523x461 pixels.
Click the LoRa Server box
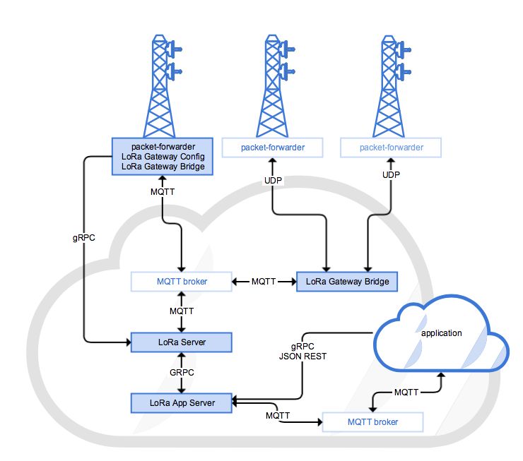coord(182,342)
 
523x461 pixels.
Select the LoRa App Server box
coord(182,402)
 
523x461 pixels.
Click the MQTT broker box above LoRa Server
coord(182,282)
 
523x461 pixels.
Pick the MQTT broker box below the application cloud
coord(372,422)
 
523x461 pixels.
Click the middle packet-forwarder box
coord(273,148)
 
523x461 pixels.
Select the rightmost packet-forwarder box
coord(391,148)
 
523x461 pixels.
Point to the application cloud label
coord(441,333)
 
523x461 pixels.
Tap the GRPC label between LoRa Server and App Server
coord(184,372)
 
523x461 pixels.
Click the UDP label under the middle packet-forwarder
coord(273,181)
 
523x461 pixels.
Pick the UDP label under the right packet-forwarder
coord(391,174)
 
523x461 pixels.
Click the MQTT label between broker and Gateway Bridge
coord(264,282)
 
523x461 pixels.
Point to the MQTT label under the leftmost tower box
coord(163,191)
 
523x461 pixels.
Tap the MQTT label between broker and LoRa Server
coord(184,311)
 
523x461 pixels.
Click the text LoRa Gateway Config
coord(163,156)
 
